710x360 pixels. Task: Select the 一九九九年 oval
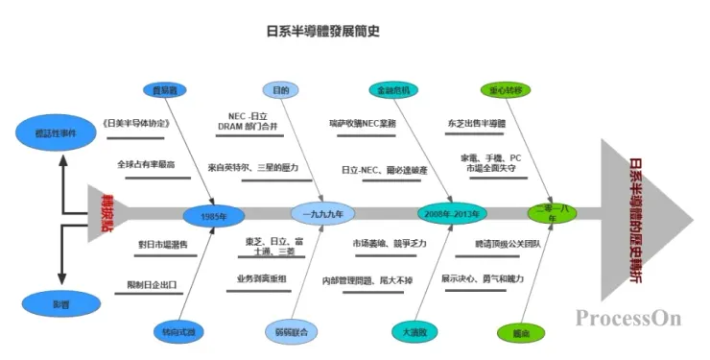click(x=322, y=214)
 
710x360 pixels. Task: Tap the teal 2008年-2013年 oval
click(x=453, y=213)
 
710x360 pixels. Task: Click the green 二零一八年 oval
click(x=552, y=214)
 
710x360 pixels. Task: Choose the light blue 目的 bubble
click(x=280, y=91)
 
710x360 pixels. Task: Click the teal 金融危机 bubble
click(x=393, y=91)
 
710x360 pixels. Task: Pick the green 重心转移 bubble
click(x=506, y=91)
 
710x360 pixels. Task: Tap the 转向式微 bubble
click(x=178, y=331)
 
